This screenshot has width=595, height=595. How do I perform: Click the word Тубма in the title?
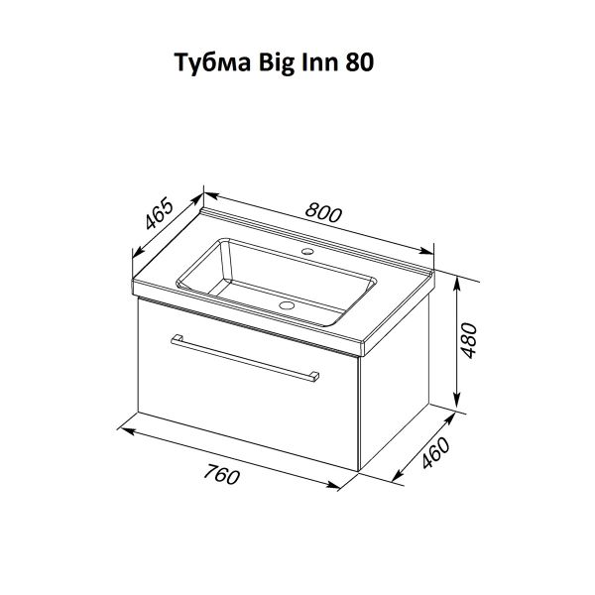point(213,62)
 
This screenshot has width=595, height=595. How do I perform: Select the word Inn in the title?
point(319,62)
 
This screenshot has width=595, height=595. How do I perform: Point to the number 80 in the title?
point(359,62)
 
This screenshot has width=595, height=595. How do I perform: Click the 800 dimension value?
point(323,213)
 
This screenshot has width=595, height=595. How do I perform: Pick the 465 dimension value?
point(159,214)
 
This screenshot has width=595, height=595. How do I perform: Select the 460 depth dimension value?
point(435,453)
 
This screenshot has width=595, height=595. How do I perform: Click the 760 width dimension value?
point(221,474)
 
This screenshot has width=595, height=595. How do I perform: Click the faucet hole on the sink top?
point(307,251)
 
